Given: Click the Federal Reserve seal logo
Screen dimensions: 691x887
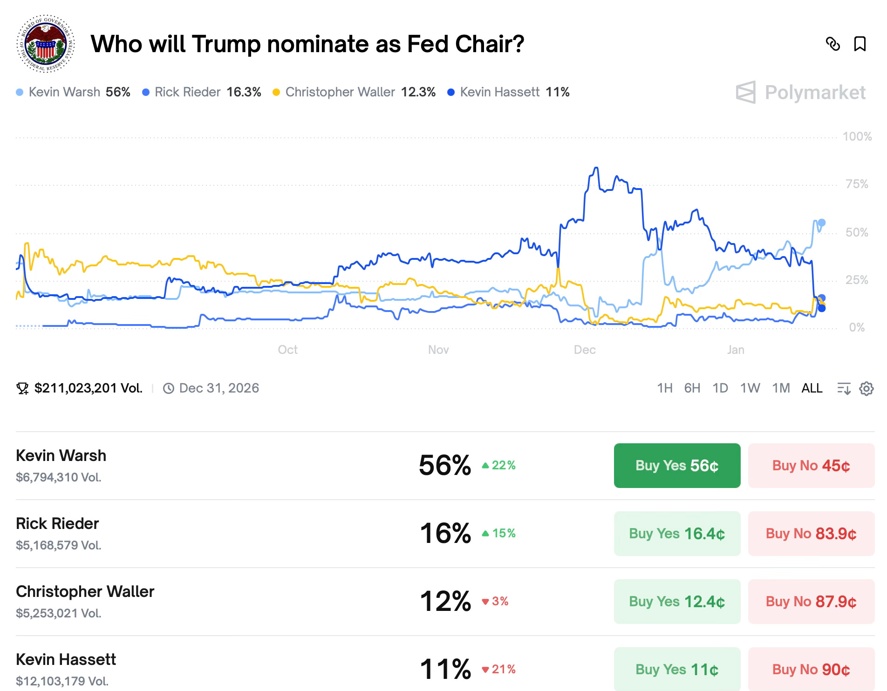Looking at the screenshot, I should click(46, 44).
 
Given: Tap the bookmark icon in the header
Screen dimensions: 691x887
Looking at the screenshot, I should click(860, 44).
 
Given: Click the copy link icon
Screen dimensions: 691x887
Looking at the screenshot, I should click(832, 44).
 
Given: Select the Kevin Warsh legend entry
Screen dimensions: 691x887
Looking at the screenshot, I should click(73, 92).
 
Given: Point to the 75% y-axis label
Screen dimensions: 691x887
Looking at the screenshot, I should click(857, 184).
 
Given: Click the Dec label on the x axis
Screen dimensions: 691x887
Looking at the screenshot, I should click(585, 350).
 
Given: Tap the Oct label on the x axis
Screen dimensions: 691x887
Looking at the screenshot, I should click(287, 350).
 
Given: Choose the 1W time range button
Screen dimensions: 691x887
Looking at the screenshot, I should click(750, 388).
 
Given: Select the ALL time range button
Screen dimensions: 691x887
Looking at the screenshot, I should click(812, 388).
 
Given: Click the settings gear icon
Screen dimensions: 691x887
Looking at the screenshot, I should click(866, 388).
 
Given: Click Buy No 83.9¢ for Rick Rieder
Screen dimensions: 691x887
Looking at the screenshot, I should click(811, 534).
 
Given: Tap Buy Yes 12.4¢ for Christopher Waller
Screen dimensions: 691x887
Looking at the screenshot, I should click(677, 602).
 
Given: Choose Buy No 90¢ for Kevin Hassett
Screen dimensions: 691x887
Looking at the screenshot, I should click(811, 670).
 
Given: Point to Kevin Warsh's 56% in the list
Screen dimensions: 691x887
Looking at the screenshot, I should click(445, 465).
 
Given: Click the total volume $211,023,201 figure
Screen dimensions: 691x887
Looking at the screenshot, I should click(88, 388).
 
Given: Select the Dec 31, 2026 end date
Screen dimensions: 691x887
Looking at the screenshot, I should click(218, 388).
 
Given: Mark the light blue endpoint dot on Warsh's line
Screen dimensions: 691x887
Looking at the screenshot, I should click(822, 223).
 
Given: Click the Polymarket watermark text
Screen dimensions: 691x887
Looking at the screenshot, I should click(815, 93).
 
